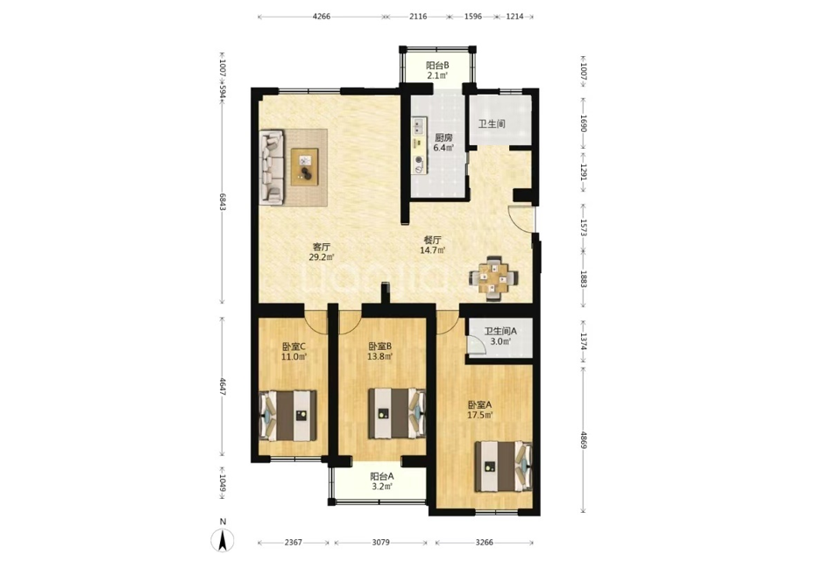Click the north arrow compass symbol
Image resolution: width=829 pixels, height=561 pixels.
pyautogui.click(x=223, y=540)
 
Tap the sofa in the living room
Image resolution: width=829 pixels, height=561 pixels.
pyautogui.click(x=273, y=167)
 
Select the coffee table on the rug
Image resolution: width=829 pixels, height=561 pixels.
pyautogui.click(x=305, y=167)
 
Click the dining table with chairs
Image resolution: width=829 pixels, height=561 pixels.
pyautogui.click(x=493, y=278)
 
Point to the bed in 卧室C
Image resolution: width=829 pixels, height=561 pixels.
pyautogui.click(x=288, y=416)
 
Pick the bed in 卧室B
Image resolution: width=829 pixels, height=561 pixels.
pyautogui.click(x=397, y=414)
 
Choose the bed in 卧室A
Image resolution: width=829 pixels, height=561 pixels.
pyautogui.click(x=503, y=466)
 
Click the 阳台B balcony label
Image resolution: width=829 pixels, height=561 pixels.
pyautogui.click(x=438, y=70)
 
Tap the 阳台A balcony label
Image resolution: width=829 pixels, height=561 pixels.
pyautogui.click(x=382, y=480)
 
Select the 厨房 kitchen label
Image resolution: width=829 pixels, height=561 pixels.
pyautogui.click(x=443, y=143)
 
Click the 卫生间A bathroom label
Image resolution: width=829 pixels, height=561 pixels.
pyautogui.click(x=500, y=336)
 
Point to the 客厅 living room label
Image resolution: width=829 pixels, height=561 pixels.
pyautogui.click(x=322, y=252)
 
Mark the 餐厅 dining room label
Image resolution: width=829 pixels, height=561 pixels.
pyautogui.click(x=433, y=245)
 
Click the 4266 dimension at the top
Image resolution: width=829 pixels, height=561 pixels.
pyautogui.click(x=322, y=17)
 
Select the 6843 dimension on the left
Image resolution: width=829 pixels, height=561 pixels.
pyautogui.click(x=223, y=200)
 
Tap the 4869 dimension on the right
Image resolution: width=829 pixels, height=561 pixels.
pyautogui.click(x=584, y=439)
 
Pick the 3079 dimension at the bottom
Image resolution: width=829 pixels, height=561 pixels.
pyautogui.click(x=380, y=543)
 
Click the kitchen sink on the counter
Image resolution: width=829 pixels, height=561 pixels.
pyautogui.click(x=419, y=126)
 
